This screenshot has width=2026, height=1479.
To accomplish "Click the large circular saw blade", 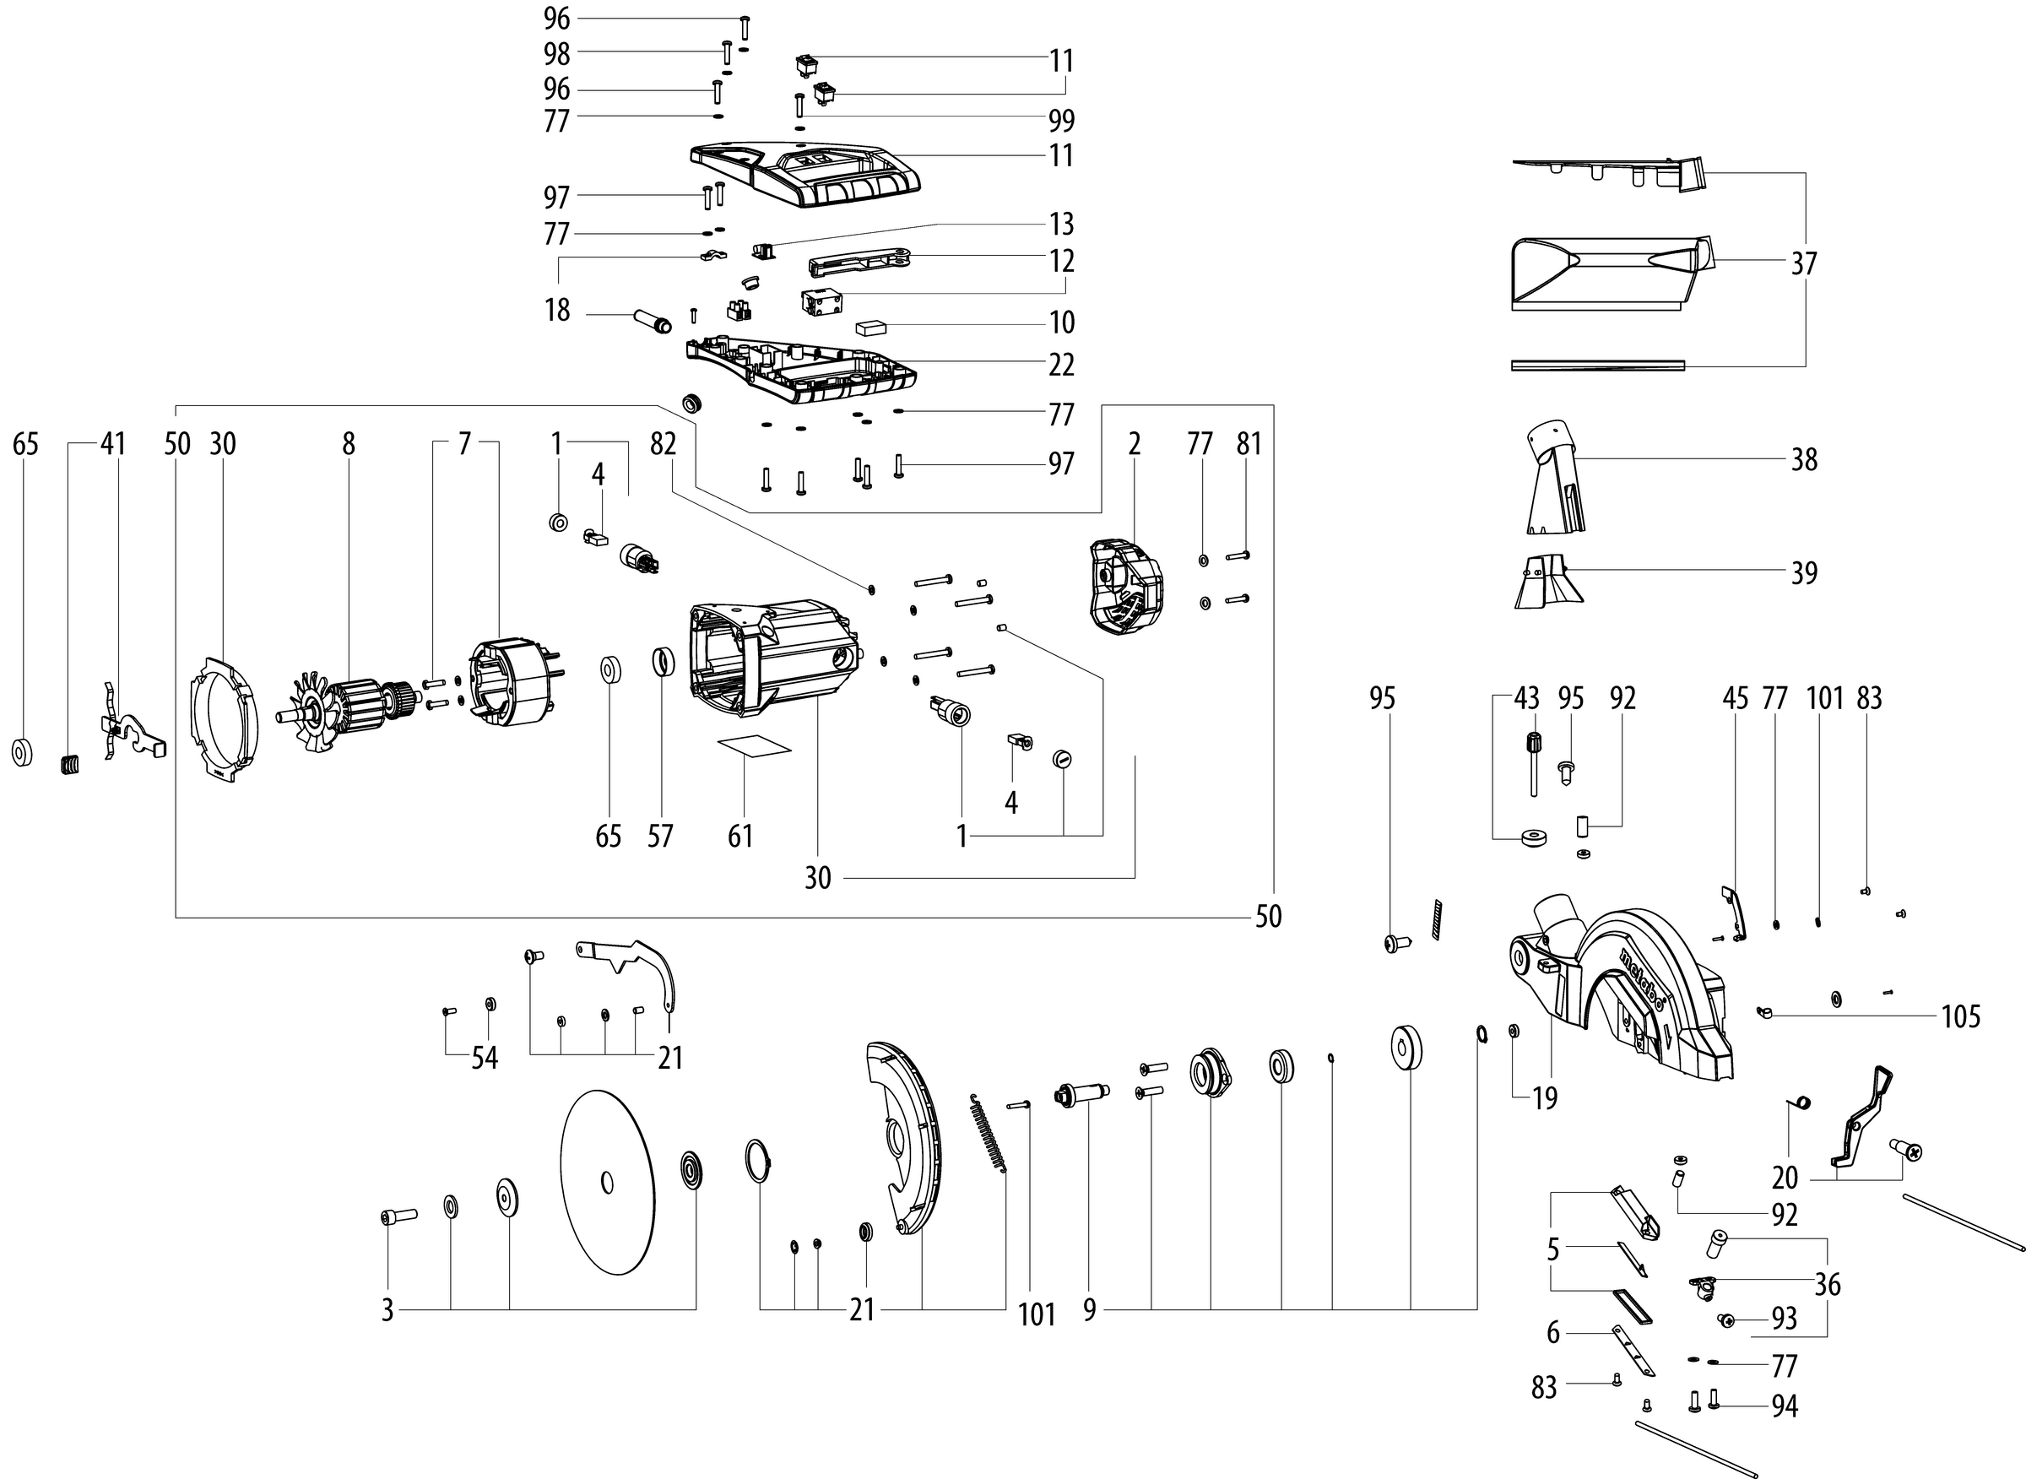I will click(607, 1182).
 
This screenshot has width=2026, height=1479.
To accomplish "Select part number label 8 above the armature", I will click(349, 444).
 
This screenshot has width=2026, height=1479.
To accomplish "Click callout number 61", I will click(739, 837).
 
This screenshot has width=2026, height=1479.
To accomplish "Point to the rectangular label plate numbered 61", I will click(755, 746).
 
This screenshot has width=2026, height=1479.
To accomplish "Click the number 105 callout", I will click(1961, 1017).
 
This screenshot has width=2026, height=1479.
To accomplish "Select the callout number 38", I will click(1804, 460).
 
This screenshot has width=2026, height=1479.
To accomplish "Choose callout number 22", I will click(1062, 366).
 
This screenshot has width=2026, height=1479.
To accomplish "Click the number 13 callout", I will click(1062, 224).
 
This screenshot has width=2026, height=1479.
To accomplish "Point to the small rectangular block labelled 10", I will click(869, 328).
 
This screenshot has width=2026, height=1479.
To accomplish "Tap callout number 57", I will click(660, 837).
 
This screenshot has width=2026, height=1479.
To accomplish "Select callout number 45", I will click(1735, 698).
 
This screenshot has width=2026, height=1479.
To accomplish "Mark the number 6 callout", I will click(1553, 1333).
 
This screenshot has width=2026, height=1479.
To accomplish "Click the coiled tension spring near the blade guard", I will click(989, 1133).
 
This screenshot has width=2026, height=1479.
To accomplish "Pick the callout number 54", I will click(485, 1059).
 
